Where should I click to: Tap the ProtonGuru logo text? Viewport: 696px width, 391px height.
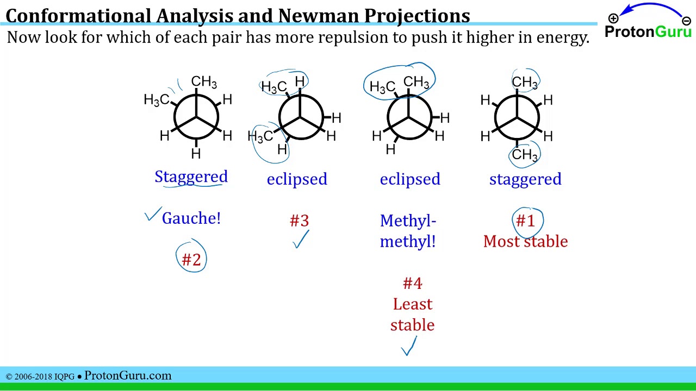[x=648, y=31]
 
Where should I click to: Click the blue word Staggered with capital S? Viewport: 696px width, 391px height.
[x=191, y=177]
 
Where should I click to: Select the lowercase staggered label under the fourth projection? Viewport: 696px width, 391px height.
[x=525, y=179]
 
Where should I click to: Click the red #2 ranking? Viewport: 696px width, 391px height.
[x=191, y=260]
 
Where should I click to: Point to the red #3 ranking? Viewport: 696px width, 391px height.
[x=299, y=220]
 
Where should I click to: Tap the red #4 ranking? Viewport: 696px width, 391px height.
[x=412, y=283]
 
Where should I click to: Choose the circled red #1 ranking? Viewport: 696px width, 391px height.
[x=525, y=220]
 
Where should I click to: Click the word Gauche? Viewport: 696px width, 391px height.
[x=191, y=218]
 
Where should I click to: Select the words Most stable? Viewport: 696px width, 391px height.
[x=525, y=242]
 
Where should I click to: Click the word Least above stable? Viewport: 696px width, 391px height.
[x=413, y=304]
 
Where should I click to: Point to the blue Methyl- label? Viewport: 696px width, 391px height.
[x=408, y=220]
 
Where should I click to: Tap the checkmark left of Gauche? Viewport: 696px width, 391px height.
[x=153, y=214]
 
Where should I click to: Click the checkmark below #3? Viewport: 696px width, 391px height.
[x=301, y=239]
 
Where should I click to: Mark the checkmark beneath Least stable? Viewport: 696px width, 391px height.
[x=409, y=346]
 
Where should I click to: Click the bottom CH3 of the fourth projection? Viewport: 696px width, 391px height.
[x=525, y=155]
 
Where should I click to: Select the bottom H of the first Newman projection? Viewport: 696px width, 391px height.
[x=196, y=154]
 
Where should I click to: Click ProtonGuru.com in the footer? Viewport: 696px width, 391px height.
[x=128, y=375]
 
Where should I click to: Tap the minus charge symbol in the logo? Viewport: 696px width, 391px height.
[x=687, y=21]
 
